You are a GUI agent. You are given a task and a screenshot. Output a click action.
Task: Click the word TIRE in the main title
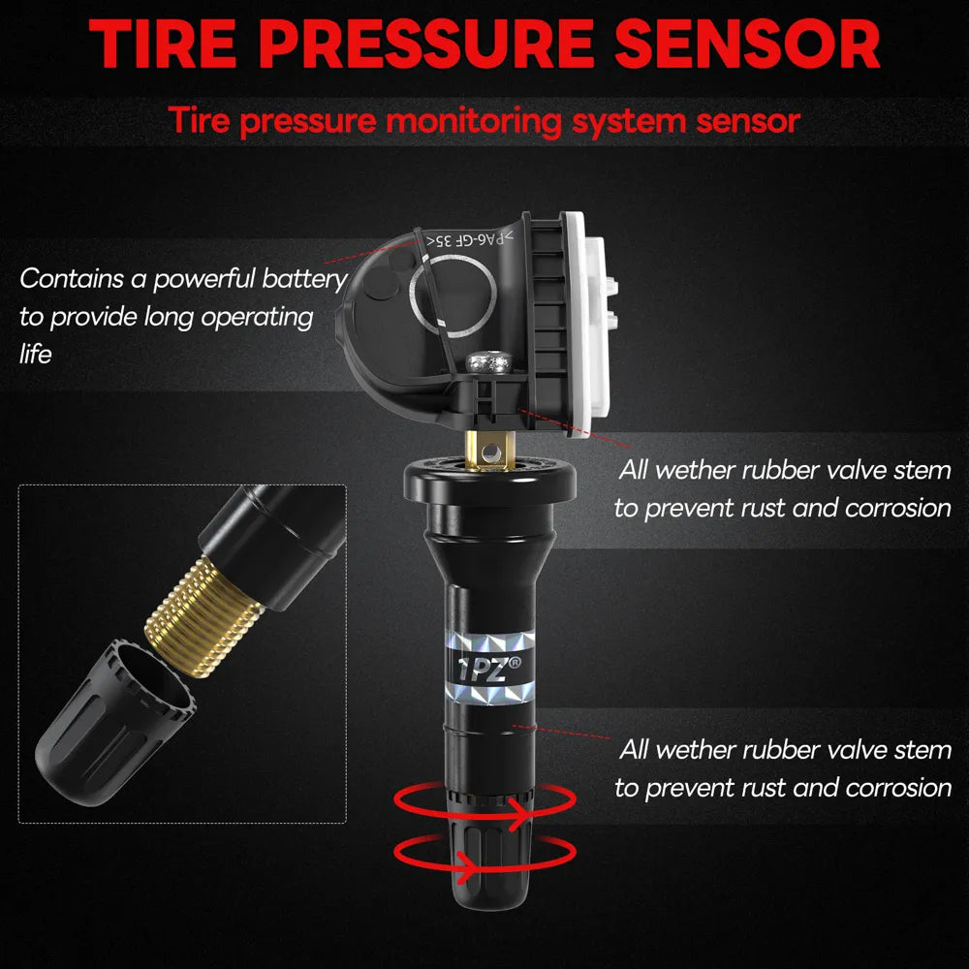(x=163, y=44)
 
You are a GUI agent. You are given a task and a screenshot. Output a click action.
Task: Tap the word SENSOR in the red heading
(x=747, y=44)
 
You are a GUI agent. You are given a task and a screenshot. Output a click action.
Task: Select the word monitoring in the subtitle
(x=474, y=121)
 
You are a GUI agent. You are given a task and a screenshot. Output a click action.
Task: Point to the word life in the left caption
(x=35, y=354)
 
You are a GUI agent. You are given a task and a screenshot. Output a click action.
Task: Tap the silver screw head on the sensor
(x=488, y=361)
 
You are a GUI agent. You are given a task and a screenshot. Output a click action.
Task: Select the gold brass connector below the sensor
(x=489, y=451)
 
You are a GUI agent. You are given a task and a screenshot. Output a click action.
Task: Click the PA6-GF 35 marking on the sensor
(x=470, y=239)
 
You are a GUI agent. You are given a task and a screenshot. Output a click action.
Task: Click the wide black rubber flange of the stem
(x=490, y=478)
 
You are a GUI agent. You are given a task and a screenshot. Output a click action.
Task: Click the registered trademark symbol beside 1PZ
(x=515, y=663)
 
